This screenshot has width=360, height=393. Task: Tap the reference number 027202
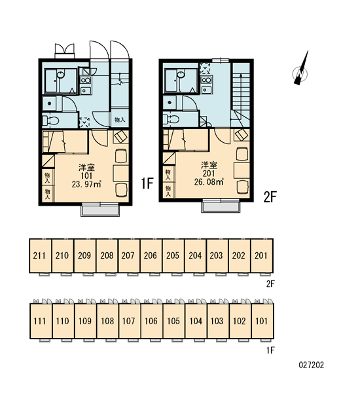pyautogui.click(x=311, y=365)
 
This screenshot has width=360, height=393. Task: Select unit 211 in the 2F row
pyautogui.click(x=40, y=255)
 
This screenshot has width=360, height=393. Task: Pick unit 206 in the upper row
pyautogui.click(x=151, y=255)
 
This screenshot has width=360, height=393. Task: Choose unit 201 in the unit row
pyautogui.click(x=262, y=255)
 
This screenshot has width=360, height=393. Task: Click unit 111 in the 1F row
pyautogui.click(x=41, y=321)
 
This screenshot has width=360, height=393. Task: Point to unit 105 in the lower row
pyautogui.click(x=173, y=321)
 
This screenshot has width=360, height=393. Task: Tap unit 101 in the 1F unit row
pyautogui.click(x=262, y=321)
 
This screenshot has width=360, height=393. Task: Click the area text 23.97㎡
pyautogui.click(x=86, y=184)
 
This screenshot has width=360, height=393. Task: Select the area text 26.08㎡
pyautogui.click(x=209, y=181)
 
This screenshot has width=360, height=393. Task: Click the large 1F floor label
pyautogui.click(x=147, y=183)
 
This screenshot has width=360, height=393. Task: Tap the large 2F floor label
pyautogui.click(x=270, y=196)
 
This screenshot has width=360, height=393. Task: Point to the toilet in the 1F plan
pyautogui.click(x=50, y=121)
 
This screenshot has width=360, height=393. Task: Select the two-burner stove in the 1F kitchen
pyautogui.click(x=86, y=81)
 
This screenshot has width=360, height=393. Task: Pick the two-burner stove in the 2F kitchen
pyautogui.click(x=207, y=80)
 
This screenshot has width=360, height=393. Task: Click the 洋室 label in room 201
pyautogui.click(x=209, y=165)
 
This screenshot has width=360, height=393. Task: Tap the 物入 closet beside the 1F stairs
pyautogui.click(x=120, y=120)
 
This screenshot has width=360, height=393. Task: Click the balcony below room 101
pyautogui.click(x=100, y=210)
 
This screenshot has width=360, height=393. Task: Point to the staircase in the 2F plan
pyautogui.click(x=241, y=94)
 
